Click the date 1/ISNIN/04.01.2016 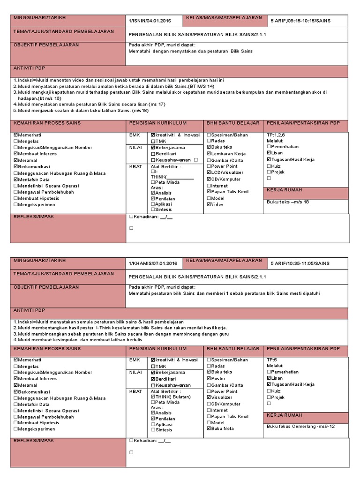pyautogui.click(x=150, y=21)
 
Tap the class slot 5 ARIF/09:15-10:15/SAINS pyautogui.click(x=300, y=21)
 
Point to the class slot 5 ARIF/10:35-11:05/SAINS pyautogui.click(x=300, y=263)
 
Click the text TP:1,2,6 pyautogui.click(x=276, y=135)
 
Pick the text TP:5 pyautogui.click(x=271, y=360)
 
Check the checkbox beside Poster pyautogui.click(x=209, y=379)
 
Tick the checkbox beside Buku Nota pyautogui.click(x=209, y=429)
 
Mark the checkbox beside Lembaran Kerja pyautogui.click(x=209, y=154)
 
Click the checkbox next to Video pyautogui.click(x=209, y=204)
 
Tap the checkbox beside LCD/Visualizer pyautogui.click(x=209, y=172)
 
